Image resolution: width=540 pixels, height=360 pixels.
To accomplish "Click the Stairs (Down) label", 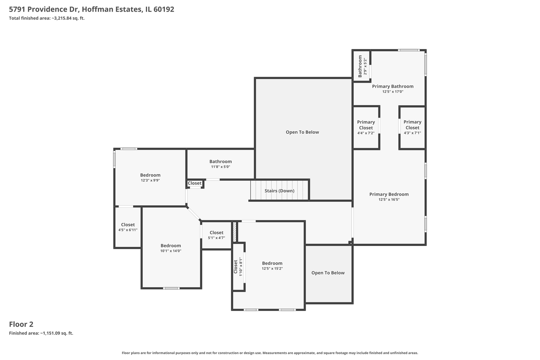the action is (279, 191).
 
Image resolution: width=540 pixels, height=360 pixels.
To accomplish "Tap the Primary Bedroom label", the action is (389, 194).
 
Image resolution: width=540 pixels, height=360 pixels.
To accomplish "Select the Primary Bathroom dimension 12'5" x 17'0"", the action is (393, 92).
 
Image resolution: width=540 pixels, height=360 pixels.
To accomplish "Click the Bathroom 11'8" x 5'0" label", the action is (221, 164).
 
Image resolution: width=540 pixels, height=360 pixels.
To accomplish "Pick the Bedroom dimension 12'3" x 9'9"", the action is (150, 180).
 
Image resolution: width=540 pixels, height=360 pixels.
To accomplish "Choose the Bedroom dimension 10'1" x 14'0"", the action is (171, 251).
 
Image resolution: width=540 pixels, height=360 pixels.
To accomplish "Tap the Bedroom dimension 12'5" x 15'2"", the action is (272, 268).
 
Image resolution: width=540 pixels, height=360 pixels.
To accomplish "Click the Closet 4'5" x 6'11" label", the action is (128, 227).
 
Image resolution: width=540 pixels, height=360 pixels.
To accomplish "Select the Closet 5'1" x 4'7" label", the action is (216, 235).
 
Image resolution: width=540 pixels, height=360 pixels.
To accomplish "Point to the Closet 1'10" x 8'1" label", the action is (238, 266).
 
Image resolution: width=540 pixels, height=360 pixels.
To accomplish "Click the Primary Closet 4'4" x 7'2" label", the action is (366, 127).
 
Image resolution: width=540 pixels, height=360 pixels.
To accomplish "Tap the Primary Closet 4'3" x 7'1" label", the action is (412, 127).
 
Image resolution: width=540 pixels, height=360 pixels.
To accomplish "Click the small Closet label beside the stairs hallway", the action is (195, 183).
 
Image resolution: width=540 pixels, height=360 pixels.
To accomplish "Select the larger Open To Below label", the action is (302, 132).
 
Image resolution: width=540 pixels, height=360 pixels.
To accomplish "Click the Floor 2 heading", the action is (21, 324).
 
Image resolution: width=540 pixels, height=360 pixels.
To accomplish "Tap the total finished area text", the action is (47, 18).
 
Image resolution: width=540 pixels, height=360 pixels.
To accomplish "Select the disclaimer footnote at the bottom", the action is (270, 353).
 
